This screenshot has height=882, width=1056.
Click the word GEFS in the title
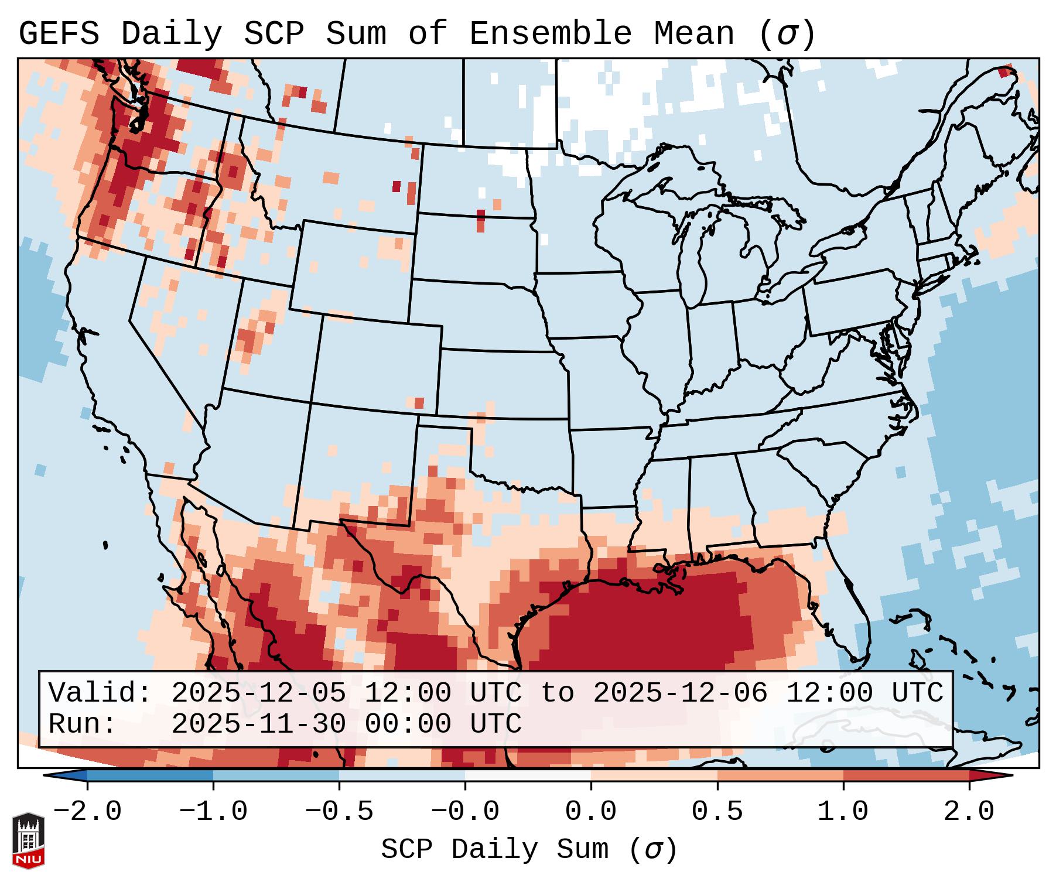pyautogui.click(x=59, y=34)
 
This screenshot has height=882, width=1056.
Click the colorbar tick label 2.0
pyautogui.click(x=969, y=812)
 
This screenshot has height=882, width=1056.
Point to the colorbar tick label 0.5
pyautogui.click(x=717, y=812)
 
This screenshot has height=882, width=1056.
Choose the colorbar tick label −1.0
pyautogui.click(x=213, y=812)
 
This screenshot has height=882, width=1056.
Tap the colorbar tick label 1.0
pyautogui.click(x=843, y=812)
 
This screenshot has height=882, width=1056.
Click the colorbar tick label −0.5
pyautogui.click(x=339, y=812)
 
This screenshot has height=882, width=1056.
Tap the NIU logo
pyautogui.click(x=28, y=841)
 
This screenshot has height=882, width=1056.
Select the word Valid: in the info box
pyautogui.click(x=100, y=693)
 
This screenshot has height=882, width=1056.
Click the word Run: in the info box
pyautogui.click(x=83, y=724)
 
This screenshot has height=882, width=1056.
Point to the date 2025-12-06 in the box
pyautogui.click(x=680, y=693)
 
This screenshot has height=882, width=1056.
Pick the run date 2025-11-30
pyautogui.click(x=258, y=724)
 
